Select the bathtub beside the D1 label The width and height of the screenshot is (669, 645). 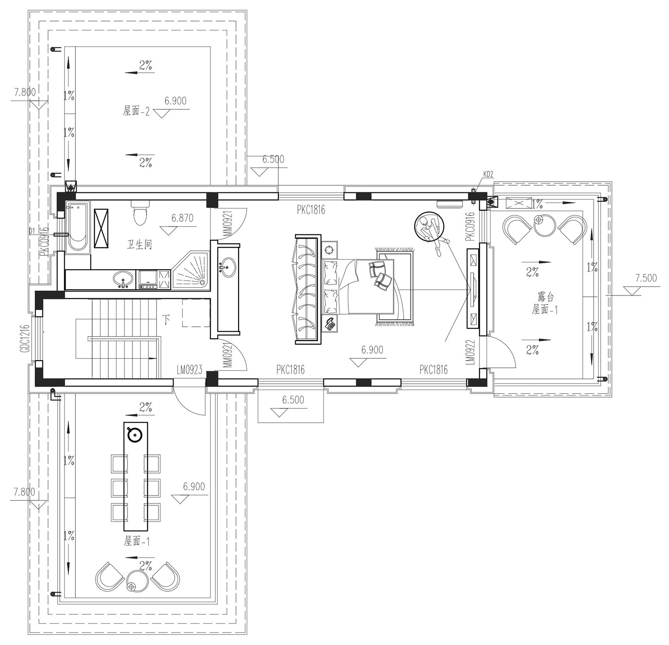(x=78, y=228)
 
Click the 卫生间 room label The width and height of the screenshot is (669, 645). (x=139, y=245)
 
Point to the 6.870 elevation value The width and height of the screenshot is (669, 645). (x=182, y=218)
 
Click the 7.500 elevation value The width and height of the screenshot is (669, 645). (x=646, y=278)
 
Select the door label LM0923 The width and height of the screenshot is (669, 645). (x=190, y=370)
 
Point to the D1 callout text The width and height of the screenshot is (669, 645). (x=32, y=231)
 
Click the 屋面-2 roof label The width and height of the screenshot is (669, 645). (x=136, y=111)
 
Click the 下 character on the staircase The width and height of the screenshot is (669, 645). (x=167, y=320)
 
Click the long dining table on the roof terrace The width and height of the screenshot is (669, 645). (x=136, y=476)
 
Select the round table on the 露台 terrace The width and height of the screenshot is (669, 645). (x=544, y=225)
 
